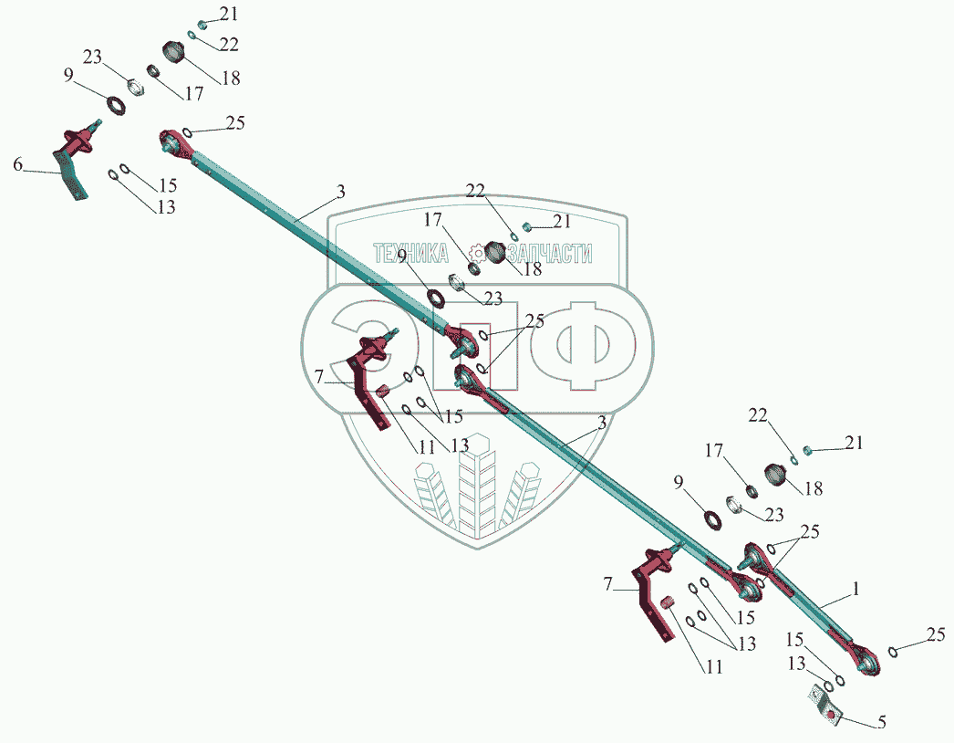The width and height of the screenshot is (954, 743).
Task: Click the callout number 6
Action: (17, 164)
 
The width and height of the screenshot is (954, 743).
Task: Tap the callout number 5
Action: (881, 723)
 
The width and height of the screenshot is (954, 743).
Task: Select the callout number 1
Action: (855, 589)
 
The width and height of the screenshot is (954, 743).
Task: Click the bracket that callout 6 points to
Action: (75, 162)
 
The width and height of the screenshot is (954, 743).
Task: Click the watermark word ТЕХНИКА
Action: (411, 253)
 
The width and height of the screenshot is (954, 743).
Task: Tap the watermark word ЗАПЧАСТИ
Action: (550, 253)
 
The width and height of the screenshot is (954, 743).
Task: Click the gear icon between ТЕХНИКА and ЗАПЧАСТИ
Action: (478, 253)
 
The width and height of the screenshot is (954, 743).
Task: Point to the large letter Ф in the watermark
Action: (583, 347)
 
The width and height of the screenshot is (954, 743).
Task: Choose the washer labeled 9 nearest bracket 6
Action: (116, 105)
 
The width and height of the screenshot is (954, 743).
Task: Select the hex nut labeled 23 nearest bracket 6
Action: (136, 87)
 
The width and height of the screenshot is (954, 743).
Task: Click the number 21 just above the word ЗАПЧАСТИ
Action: (562, 221)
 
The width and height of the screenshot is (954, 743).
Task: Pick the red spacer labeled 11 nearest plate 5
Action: (669, 603)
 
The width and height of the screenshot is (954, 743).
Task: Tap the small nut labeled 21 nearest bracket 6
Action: (203, 25)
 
